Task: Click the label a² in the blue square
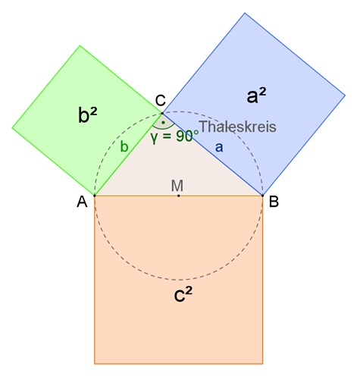[256, 96]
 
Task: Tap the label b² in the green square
[88, 115]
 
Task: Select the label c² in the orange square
[183, 295]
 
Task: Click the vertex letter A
[82, 202]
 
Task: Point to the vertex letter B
[274, 202]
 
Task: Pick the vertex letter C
[161, 100]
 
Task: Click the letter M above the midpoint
[177, 186]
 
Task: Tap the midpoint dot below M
[179, 196]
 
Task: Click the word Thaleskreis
[238, 127]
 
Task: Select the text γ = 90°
[174, 136]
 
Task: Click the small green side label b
[124, 146]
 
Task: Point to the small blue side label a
[219, 147]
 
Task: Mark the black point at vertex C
[162, 113]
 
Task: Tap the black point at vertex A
[95, 196]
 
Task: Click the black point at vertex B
[263, 196]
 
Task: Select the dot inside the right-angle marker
[163, 123]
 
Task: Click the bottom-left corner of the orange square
[95, 364]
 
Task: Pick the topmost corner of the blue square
[245, 13]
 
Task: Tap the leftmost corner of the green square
[12, 128]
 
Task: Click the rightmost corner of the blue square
[345, 96]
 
